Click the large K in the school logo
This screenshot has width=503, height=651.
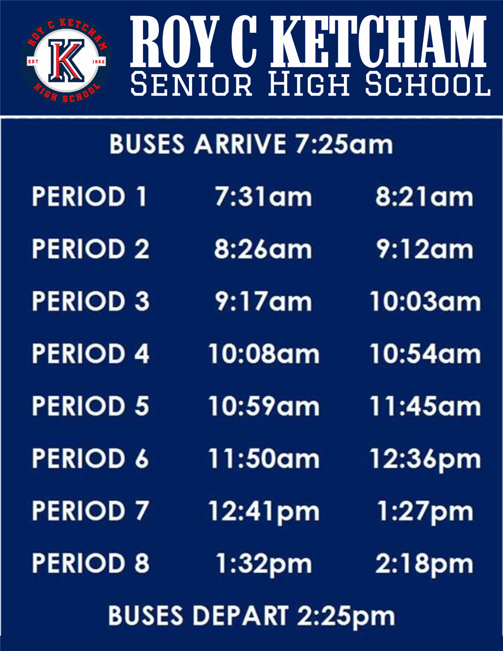tap(66, 60)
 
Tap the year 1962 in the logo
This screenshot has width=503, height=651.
tap(99, 62)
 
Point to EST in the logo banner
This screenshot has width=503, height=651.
tap(33, 62)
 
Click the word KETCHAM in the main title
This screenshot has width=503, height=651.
tap(378, 42)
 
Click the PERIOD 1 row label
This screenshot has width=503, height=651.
tap(89, 196)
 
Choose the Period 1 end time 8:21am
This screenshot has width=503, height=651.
tap(424, 197)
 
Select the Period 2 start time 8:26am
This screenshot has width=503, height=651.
tap(263, 249)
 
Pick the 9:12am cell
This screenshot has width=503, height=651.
tap(425, 249)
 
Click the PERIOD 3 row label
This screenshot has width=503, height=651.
tap(91, 301)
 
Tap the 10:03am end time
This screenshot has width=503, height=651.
tap(425, 301)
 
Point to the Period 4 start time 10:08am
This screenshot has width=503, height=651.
tap(264, 354)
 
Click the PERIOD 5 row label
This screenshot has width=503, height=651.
tap(91, 405)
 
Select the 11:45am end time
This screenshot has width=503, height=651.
tap(425, 406)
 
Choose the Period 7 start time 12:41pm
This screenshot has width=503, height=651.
tap(264, 512)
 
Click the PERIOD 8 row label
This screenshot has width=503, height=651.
tap(91, 563)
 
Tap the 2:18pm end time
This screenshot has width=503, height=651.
tap(424, 564)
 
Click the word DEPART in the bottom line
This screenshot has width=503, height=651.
tap(240, 615)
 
